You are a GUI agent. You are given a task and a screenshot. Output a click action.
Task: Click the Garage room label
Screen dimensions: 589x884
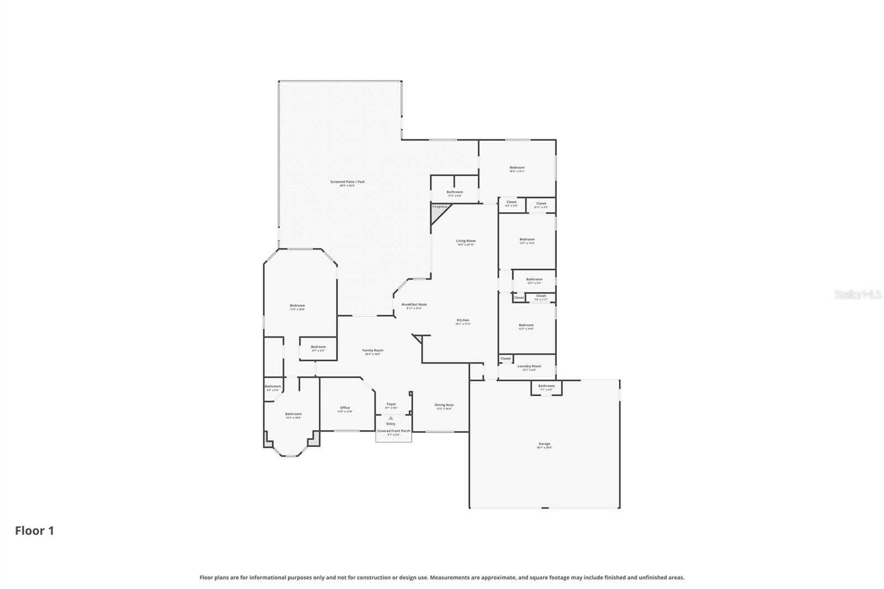(544, 444)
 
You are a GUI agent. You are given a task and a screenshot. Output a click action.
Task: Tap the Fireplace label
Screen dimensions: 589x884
(440, 207)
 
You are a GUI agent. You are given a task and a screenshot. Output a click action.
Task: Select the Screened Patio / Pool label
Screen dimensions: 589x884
(347, 182)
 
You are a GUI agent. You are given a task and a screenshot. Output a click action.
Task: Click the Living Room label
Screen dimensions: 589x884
(465, 241)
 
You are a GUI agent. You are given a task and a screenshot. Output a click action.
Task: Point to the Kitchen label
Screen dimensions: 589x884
(462, 320)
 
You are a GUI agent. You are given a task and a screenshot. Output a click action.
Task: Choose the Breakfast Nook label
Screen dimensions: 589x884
(414, 304)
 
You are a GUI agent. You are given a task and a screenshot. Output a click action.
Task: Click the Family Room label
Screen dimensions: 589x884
(372, 350)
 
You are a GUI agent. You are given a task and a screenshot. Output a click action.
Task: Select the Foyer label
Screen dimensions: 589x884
(391, 404)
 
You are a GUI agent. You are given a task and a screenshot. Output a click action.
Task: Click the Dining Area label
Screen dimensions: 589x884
(444, 405)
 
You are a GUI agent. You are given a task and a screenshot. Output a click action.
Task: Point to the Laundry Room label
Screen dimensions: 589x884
(529, 366)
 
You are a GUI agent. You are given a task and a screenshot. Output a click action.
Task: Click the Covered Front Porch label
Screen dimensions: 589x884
(393, 431)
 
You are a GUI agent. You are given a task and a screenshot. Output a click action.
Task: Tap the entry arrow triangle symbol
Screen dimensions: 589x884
(391, 418)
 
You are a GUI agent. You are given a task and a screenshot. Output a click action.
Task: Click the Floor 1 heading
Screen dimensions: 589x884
(34, 531)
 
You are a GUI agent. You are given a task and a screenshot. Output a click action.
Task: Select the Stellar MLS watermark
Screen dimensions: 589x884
(857, 295)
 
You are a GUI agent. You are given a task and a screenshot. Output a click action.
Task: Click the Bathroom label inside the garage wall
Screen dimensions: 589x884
(546, 386)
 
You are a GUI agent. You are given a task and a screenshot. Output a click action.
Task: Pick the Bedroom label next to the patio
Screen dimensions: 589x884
(297, 306)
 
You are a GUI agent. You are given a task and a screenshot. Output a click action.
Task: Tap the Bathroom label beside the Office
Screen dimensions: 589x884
(293, 414)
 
